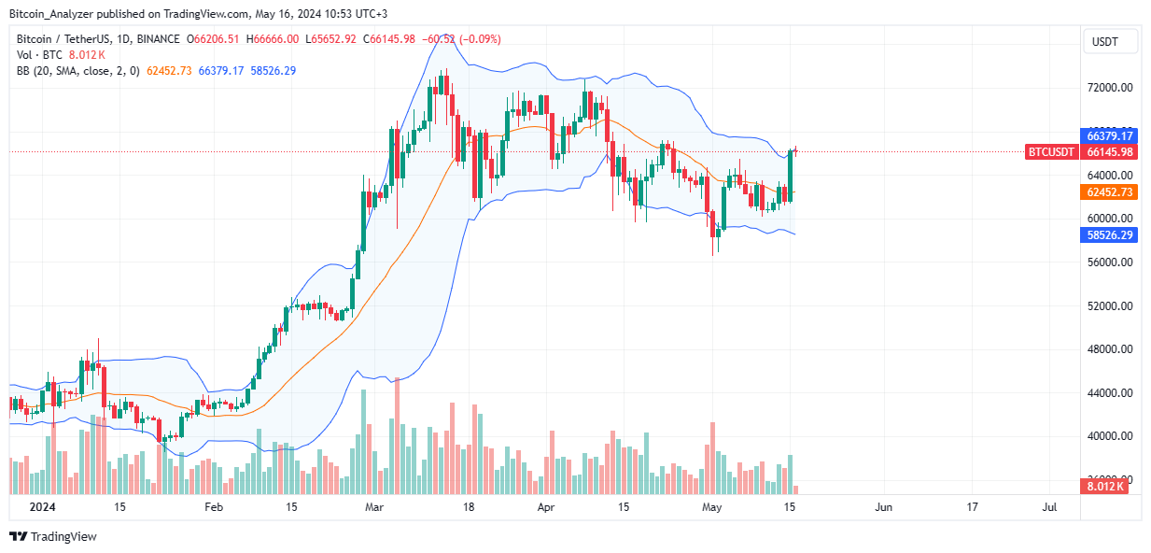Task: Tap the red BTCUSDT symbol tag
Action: point(1050,151)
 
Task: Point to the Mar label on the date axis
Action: point(375,507)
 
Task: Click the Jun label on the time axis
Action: point(883,507)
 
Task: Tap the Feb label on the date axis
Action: point(214,507)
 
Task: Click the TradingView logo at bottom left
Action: point(52,536)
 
